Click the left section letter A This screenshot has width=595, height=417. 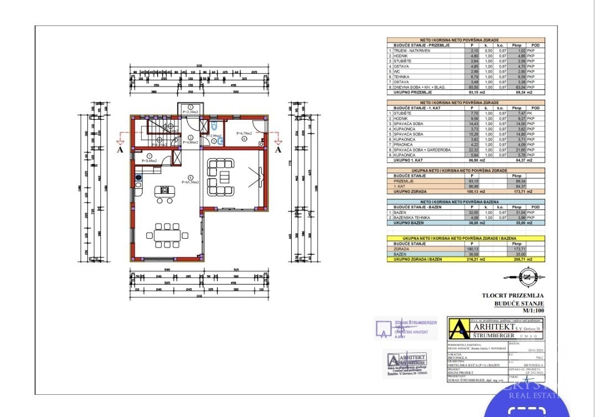tap(120, 148)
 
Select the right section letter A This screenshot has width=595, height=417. tap(278, 148)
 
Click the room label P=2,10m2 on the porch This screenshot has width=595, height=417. tap(191, 112)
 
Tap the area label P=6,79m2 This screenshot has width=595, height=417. tap(244, 133)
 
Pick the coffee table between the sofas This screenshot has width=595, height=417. tap(224, 177)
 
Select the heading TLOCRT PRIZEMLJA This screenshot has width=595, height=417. tap(513, 296)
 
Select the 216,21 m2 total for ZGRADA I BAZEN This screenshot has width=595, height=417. tap(472, 259)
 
